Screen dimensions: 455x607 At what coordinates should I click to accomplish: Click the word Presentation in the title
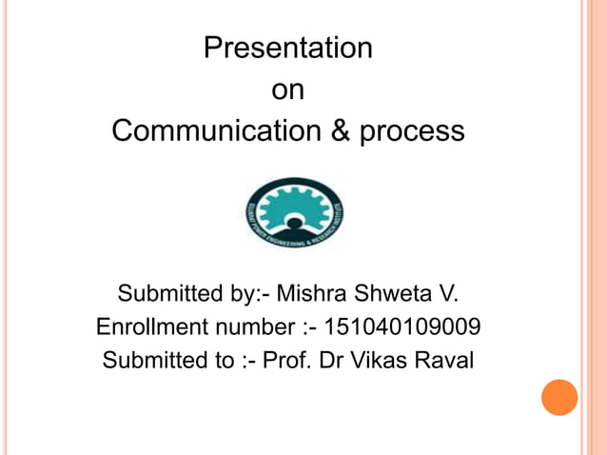287,49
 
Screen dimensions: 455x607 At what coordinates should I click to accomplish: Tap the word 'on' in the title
287,90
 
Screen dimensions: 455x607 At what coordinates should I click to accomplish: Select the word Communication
217,131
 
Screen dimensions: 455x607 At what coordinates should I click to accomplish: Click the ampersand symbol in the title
340,131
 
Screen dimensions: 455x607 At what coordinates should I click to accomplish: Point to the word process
412,132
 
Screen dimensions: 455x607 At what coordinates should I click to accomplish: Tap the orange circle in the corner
559,397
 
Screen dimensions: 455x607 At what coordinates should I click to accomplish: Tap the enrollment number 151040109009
402,327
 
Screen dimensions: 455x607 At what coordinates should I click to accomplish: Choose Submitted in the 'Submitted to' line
155,363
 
